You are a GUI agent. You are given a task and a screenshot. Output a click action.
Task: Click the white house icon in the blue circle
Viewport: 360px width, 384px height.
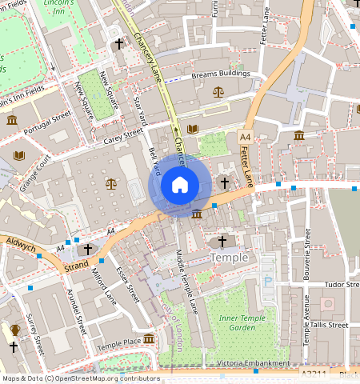(180, 186)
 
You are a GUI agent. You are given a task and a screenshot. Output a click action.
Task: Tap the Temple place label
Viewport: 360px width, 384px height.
(229, 258)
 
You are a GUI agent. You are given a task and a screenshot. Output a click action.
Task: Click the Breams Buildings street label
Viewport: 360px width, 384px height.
(221, 74)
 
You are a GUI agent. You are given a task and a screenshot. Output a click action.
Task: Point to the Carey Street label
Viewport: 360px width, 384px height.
(124, 139)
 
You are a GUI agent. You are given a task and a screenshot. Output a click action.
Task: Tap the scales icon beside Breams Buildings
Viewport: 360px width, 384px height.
(218, 92)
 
